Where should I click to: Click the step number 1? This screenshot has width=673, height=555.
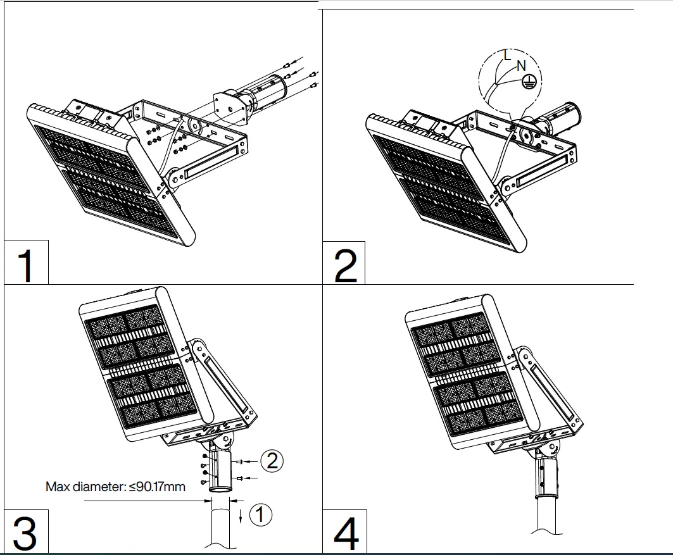[x=25, y=266]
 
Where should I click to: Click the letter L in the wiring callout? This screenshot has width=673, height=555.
[x=507, y=56]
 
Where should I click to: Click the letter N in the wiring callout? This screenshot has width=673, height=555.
[x=520, y=65]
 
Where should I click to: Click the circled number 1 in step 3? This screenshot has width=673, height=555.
[x=260, y=514]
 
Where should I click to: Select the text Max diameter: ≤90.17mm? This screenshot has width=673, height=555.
[x=115, y=487]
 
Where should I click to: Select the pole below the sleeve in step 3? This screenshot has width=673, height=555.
[x=221, y=525]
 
